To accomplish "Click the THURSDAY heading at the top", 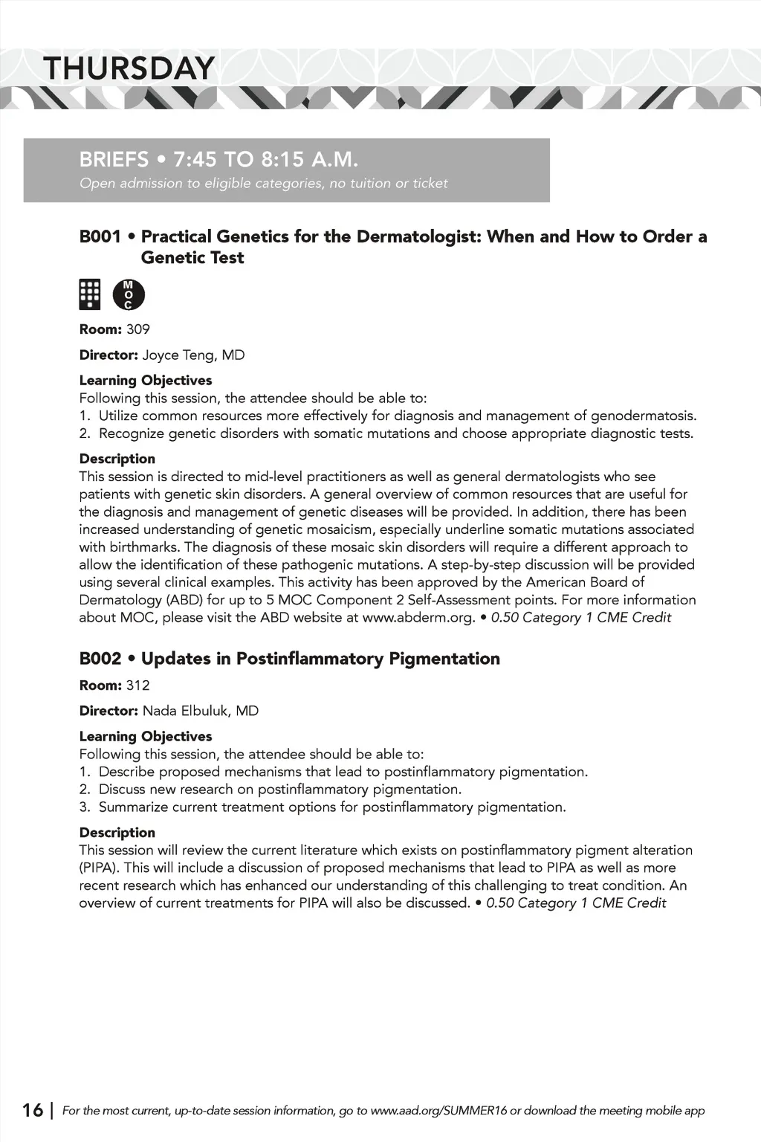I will pyautogui.click(x=129, y=68).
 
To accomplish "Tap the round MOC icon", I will pyautogui.click(x=129, y=295).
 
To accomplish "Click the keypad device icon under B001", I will pyautogui.click(x=90, y=294).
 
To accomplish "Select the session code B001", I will pyautogui.click(x=100, y=237).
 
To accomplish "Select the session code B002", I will pyautogui.click(x=100, y=659).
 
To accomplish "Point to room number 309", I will pyautogui.click(x=138, y=329).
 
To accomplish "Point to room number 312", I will pyautogui.click(x=138, y=685).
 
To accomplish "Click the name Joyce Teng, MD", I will pyautogui.click(x=193, y=355).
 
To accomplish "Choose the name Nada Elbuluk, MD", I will pyautogui.click(x=201, y=711).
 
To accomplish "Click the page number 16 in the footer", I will pyautogui.click(x=33, y=1111).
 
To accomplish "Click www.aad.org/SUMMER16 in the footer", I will pyautogui.click(x=438, y=1111).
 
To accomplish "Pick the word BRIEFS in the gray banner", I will pyautogui.click(x=114, y=160).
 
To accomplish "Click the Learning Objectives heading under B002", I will pyautogui.click(x=146, y=737).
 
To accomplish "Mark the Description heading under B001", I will pyautogui.click(x=117, y=459).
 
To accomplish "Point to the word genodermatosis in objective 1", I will pyautogui.click(x=643, y=416).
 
